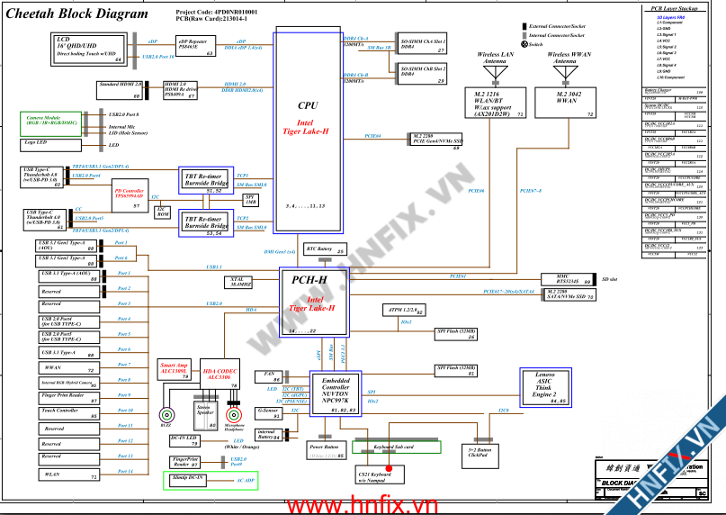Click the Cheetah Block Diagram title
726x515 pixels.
pyautogui.click(x=76, y=14)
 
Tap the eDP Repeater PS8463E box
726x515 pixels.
pyautogui.click(x=196, y=48)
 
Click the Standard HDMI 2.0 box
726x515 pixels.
pyautogui.click(x=120, y=89)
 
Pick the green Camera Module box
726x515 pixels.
pyautogui.click(x=51, y=123)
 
